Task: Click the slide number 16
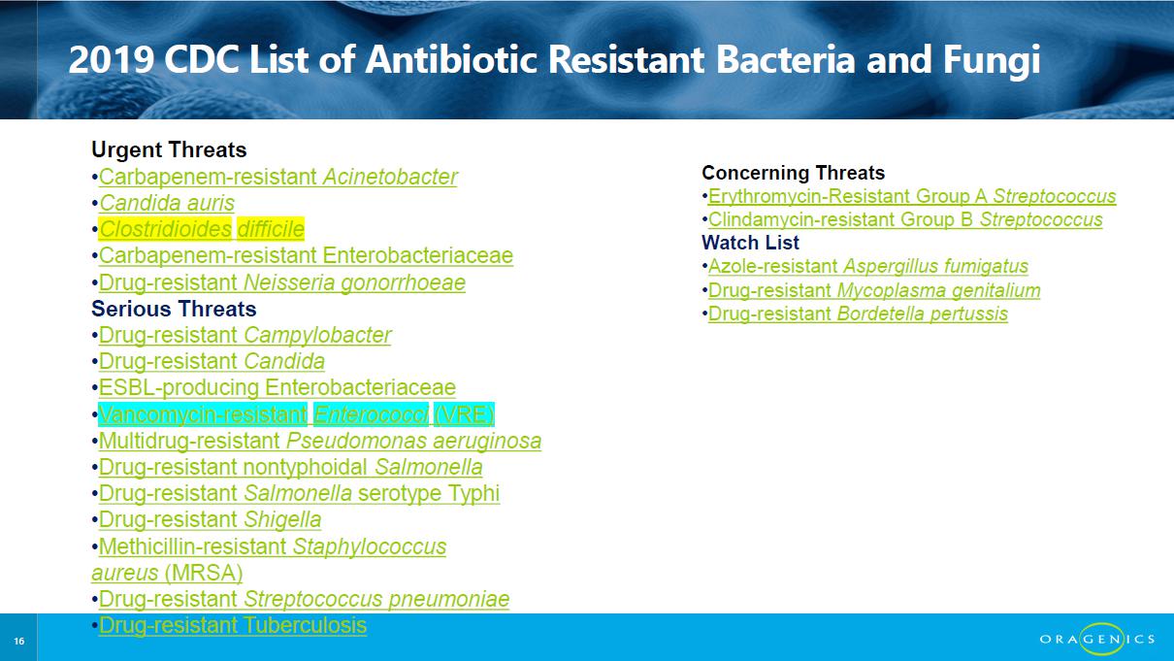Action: pyautogui.click(x=18, y=641)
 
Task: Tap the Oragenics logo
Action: pyautogui.click(x=1097, y=639)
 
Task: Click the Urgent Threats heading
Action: pyautogui.click(x=169, y=149)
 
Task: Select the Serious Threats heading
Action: pyautogui.click(x=174, y=309)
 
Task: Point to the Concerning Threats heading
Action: pyautogui.click(x=793, y=173)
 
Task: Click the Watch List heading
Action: pyautogui.click(x=750, y=243)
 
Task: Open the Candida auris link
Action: pyautogui.click(x=167, y=203)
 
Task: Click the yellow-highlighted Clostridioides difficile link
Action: pyautogui.click(x=201, y=229)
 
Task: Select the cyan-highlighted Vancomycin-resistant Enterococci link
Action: pyautogui.click(x=296, y=414)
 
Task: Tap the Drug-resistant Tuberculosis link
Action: pyautogui.click(x=233, y=625)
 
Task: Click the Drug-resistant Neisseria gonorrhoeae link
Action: pyautogui.click(x=282, y=282)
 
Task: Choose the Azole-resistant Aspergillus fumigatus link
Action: pyautogui.click(x=868, y=266)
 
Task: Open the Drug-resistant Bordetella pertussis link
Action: pyautogui.click(x=858, y=314)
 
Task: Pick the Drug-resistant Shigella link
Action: pyautogui.click(x=210, y=519)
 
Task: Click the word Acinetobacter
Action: pyautogui.click(x=390, y=177)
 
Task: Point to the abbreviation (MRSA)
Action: pyautogui.click(x=204, y=573)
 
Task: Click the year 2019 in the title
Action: pyautogui.click(x=112, y=59)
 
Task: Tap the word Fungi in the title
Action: pyautogui.click(x=992, y=61)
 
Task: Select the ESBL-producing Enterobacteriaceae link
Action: pyautogui.click(x=277, y=388)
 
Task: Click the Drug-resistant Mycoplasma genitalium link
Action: pyautogui.click(x=874, y=290)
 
